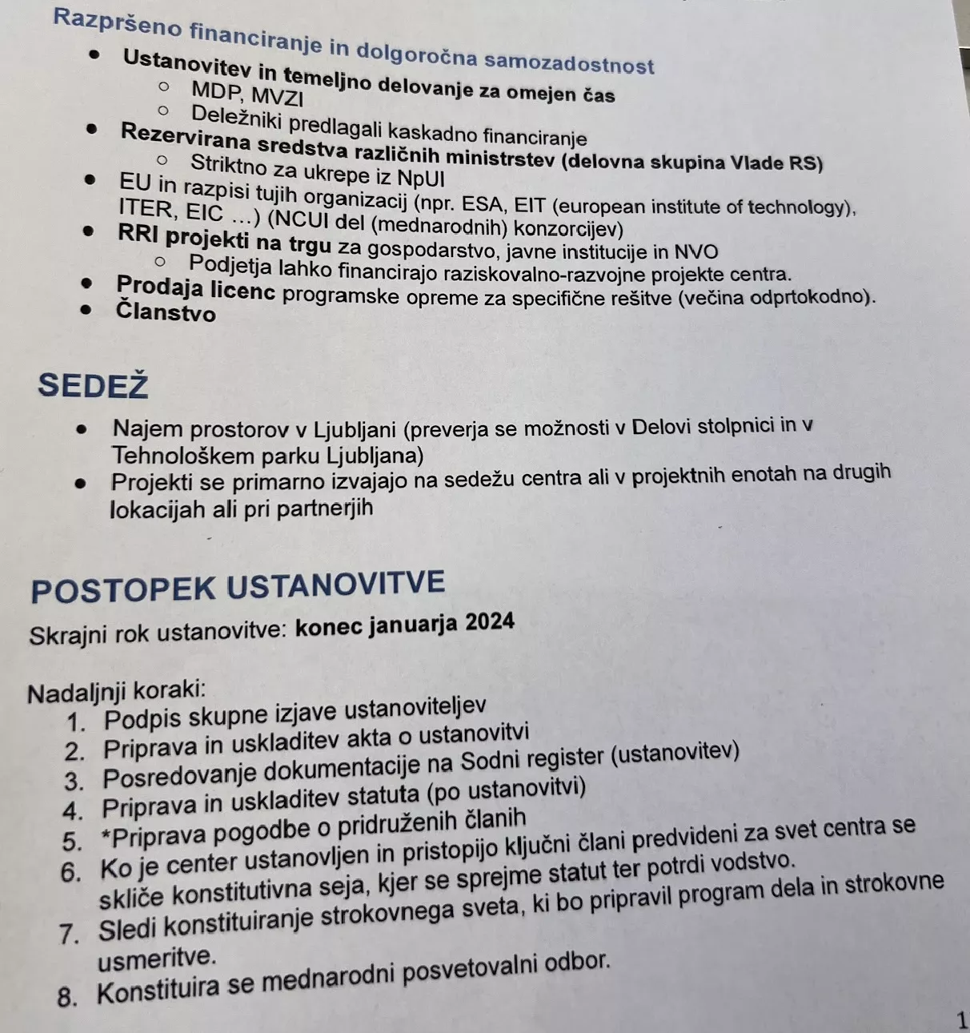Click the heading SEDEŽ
[x=93, y=386]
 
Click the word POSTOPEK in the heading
[x=123, y=590]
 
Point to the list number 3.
[x=74, y=781]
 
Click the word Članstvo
[x=166, y=312]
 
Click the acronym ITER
[x=145, y=210]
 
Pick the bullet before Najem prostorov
[x=82, y=428]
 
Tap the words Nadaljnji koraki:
[x=116, y=691]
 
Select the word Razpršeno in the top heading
[x=118, y=22]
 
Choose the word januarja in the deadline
[x=413, y=624]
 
